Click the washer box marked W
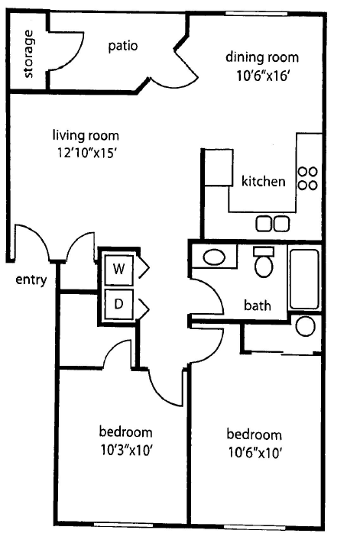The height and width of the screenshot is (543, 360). (x=118, y=269)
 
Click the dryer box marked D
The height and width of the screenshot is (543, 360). (x=118, y=303)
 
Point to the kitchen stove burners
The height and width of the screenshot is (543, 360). (x=307, y=179)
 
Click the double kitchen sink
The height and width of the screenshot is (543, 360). (x=273, y=223)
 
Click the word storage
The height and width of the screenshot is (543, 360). (x=29, y=53)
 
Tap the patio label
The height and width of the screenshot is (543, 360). (x=122, y=45)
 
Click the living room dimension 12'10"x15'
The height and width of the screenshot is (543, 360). (x=86, y=153)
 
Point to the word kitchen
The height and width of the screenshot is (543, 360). (x=264, y=182)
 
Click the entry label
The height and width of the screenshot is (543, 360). (x=31, y=280)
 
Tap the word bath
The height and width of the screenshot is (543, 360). (x=258, y=306)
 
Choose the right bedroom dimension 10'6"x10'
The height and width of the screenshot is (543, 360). (x=255, y=452)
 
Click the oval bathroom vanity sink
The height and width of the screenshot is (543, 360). (x=213, y=257)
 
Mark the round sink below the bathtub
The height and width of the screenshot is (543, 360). (x=305, y=326)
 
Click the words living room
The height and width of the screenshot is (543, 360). (x=86, y=136)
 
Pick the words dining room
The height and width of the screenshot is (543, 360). (x=261, y=57)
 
